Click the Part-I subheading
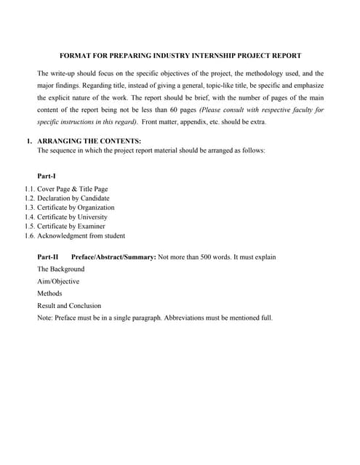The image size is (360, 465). [47, 177]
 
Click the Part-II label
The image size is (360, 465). [47, 258]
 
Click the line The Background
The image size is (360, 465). [60, 270]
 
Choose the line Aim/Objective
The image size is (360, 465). [58, 281]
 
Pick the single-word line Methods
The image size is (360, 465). [49, 294]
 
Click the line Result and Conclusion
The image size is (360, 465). [69, 306]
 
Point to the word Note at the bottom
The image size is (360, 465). [44, 318]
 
